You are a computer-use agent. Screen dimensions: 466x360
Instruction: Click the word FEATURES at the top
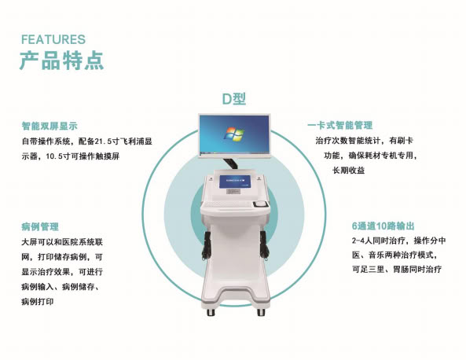click(x=53, y=39)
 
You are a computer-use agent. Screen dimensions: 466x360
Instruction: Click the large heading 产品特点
click(x=62, y=61)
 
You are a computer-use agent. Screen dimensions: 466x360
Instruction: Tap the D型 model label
click(x=234, y=99)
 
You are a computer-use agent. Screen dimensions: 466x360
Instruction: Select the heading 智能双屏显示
click(x=50, y=126)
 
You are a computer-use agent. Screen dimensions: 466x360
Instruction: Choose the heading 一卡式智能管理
click(x=340, y=125)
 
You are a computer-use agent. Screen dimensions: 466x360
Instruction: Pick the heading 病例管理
click(x=40, y=226)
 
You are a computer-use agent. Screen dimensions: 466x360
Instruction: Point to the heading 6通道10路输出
click(x=383, y=226)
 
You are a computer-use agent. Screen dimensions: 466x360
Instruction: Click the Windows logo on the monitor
click(x=233, y=134)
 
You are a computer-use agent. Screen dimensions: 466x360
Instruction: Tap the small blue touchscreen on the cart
click(x=235, y=182)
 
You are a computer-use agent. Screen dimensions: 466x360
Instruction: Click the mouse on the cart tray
click(x=260, y=204)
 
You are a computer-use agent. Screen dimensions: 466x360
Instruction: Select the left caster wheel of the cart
click(x=211, y=312)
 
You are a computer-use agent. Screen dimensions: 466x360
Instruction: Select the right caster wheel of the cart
click(x=261, y=312)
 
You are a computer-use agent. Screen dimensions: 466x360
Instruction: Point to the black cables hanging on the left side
click(x=207, y=245)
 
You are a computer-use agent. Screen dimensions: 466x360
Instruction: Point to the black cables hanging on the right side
click(x=264, y=244)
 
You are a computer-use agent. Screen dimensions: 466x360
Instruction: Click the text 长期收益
click(x=348, y=171)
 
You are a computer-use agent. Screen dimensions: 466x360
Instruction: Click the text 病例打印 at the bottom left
click(x=38, y=302)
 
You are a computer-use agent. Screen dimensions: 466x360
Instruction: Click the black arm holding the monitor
click(x=230, y=164)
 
